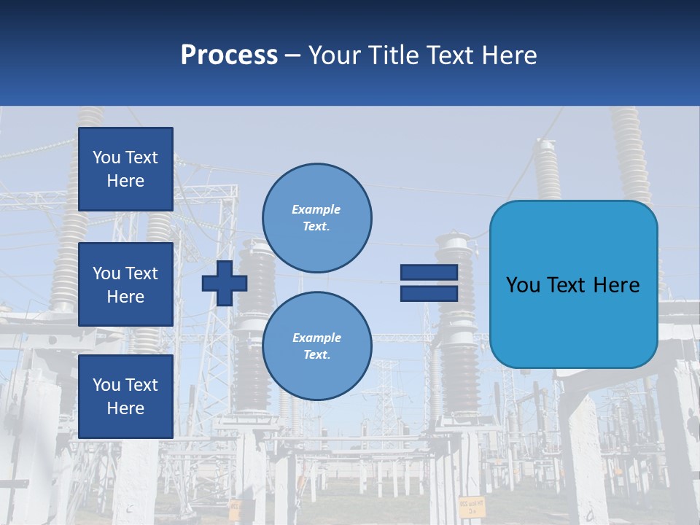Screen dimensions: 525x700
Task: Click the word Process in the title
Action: (x=229, y=55)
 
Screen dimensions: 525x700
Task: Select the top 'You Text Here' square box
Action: (x=125, y=169)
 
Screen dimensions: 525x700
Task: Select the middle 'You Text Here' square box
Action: (x=125, y=284)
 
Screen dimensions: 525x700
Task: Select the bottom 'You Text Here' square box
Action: (x=125, y=396)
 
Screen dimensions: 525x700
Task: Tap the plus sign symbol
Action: (x=225, y=283)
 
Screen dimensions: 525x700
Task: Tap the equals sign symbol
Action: (x=429, y=283)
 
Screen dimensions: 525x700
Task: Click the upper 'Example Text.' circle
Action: (x=317, y=218)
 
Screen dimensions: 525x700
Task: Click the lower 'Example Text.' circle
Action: (x=317, y=346)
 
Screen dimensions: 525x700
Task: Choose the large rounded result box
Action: (x=573, y=284)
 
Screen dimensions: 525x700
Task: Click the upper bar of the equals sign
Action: (x=429, y=273)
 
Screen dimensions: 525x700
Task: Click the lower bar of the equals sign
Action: (x=429, y=293)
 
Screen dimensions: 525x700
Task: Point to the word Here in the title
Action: (x=508, y=55)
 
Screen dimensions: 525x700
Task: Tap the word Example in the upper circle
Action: (x=316, y=210)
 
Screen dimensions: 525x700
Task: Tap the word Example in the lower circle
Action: (x=316, y=338)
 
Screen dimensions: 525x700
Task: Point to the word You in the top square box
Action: (x=106, y=157)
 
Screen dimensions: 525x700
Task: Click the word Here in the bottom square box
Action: (x=125, y=408)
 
